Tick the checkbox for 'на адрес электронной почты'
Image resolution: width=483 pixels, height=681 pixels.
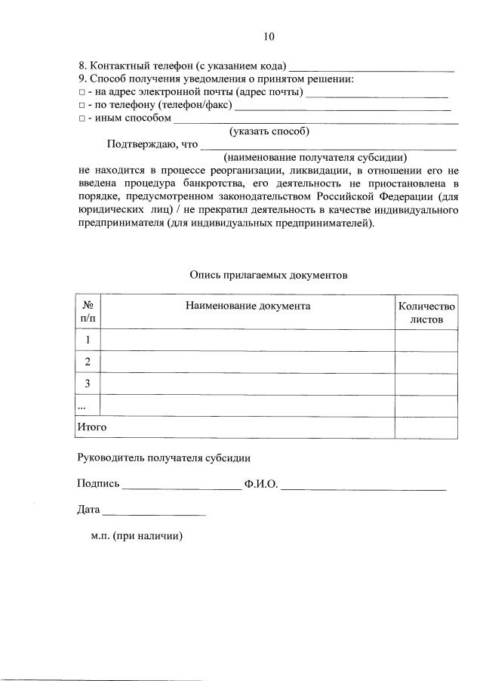(x=81, y=93)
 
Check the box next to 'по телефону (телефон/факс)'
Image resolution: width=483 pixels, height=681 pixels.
(x=81, y=106)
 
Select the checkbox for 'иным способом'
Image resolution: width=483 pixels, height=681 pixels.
(x=81, y=119)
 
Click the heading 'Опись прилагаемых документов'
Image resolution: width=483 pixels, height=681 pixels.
(x=269, y=276)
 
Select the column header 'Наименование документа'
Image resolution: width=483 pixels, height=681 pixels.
(x=247, y=306)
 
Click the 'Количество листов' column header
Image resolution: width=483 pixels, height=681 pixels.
(x=426, y=313)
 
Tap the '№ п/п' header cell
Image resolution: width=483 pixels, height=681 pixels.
(x=88, y=313)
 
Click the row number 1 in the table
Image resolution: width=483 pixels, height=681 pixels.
(x=88, y=340)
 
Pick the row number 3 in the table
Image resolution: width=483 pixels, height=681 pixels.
(x=88, y=384)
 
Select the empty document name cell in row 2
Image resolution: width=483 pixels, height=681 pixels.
(x=247, y=362)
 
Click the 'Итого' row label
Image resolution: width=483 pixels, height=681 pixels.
(x=92, y=427)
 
